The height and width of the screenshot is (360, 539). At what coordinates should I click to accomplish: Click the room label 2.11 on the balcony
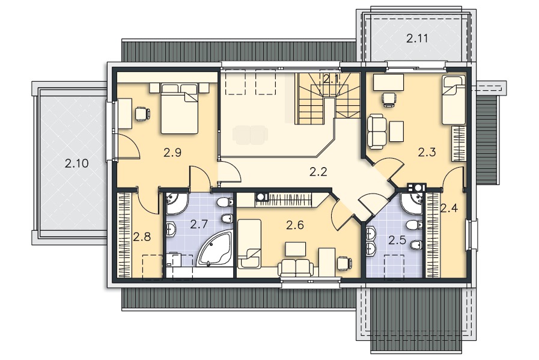click(x=417, y=38)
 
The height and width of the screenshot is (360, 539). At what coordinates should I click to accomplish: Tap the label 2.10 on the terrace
click(x=77, y=163)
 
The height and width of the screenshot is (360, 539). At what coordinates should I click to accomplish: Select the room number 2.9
click(x=172, y=152)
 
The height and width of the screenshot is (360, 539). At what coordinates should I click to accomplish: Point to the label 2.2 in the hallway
click(x=318, y=171)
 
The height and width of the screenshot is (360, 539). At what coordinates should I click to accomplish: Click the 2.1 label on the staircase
click(x=331, y=79)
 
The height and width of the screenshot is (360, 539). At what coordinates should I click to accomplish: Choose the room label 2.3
click(x=427, y=151)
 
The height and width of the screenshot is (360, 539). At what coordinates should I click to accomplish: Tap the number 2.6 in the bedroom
click(x=295, y=225)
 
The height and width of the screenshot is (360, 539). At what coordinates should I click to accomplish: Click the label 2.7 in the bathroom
click(x=199, y=225)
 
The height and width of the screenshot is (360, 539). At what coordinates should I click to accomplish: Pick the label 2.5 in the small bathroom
click(x=397, y=240)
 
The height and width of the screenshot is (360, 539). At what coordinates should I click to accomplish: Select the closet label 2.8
click(x=142, y=237)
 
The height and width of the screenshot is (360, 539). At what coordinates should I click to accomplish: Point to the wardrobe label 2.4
click(x=449, y=208)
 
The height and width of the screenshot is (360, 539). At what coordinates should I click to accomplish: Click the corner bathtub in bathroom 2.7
click(x=215, y=249)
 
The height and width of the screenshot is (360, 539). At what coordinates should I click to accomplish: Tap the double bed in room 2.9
click(x=180, y=108)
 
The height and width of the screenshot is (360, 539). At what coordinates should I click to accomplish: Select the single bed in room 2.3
click(x=454, y=100)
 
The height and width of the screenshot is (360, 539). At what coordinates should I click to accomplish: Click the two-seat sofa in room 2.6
click(x=296, y=267)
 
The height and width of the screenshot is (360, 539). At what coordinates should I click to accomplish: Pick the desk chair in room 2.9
click(x=142, y=114)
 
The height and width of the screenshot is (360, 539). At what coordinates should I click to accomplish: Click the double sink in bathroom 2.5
click(x=371, y=240)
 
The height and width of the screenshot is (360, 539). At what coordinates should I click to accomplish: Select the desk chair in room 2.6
click(x=344, y=263)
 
